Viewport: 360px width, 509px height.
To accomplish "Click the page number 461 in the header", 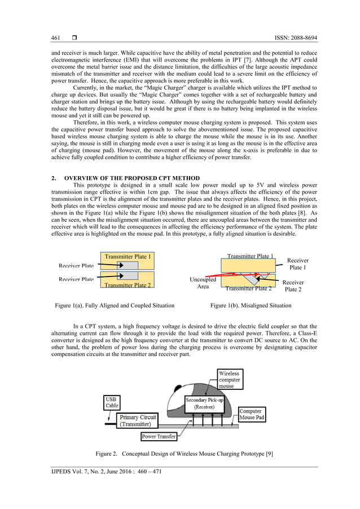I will click(x=55, y=38).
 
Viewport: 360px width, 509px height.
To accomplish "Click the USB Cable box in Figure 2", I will click(x=112, y=402).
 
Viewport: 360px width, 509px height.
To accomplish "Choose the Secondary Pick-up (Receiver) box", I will click(x=208, y=403).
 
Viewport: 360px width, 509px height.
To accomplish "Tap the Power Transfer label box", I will click(x=159, y=436).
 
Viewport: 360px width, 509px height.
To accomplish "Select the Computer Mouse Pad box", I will click(x=251, y=415).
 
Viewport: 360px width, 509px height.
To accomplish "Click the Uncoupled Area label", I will click(x=203, y=283).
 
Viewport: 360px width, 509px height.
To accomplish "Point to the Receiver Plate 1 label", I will click(x=297, y=264).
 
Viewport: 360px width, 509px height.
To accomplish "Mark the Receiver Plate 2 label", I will click(x=293, y=286).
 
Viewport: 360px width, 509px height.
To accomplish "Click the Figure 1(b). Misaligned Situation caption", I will click(x=251, y=305).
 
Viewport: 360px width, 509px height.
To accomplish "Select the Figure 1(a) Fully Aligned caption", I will click(x=115, y=305).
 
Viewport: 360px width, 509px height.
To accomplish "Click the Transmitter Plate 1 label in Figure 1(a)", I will click(x=128, y=257).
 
